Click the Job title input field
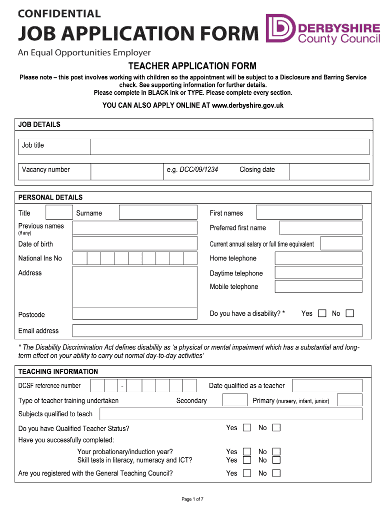click(229, 147)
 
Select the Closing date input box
click(329, 171)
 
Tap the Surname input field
click(158, 213)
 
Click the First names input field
click(309, 213)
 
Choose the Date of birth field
click(135, 244)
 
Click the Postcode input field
click(135, 313)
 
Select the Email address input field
click(217, 330)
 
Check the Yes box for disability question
click(322, 313)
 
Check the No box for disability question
click(350, 313)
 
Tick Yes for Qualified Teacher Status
click(247, 428)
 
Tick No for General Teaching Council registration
click(276, 473)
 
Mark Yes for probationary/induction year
click(247, 452)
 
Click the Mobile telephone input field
click(318, 287)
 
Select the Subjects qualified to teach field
click(230, 414)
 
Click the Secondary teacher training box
click(235, 400)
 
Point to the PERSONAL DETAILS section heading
click(50, 197)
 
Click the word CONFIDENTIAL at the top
click(59, 13)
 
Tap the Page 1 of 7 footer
click(192, 499)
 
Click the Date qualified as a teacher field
click(327, 386)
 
